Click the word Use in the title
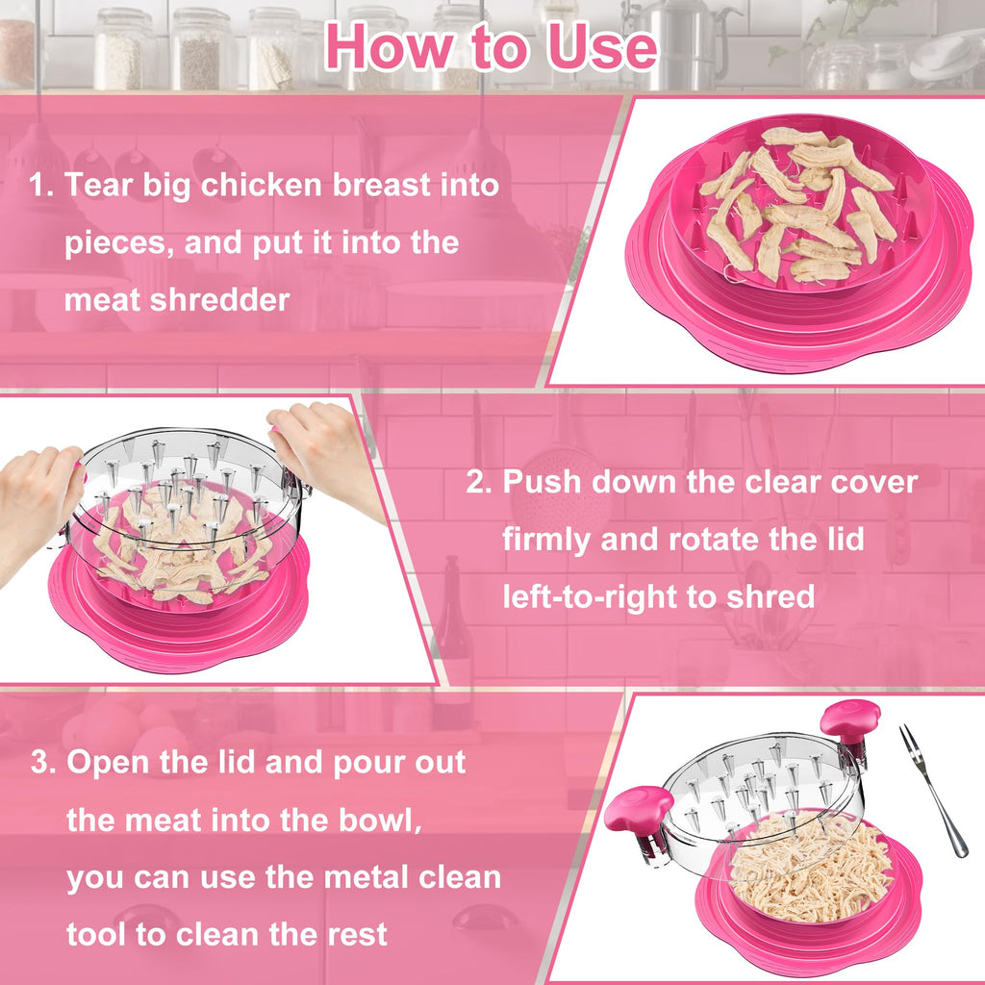pyautogui.click(x=602, y=46)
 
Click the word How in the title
pyautogui.click(x=390, y=46)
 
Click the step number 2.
pyautogui.click(x=479, y=483)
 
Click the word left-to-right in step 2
pyautogui.click(x=590, y=596)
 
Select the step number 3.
pyautogui.click(x=42, y=762)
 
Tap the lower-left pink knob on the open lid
pyautogui.click(x=637, y=810)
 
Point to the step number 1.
pyautogui.click(x=40, y=186)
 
